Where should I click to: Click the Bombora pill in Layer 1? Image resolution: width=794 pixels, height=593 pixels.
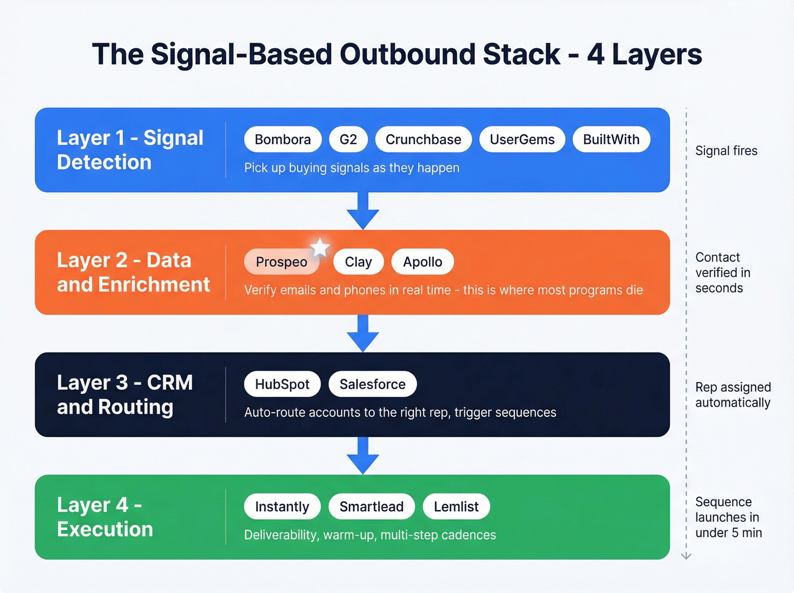(282, 140)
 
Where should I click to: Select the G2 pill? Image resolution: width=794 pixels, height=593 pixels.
(348, 140)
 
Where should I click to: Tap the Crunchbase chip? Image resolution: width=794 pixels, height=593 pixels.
(423, 140)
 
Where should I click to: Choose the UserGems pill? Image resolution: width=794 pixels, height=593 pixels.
(522, 140)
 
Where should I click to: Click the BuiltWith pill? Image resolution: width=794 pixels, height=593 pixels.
(611, 140)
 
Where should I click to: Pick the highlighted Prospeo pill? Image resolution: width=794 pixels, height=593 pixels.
(281, 262)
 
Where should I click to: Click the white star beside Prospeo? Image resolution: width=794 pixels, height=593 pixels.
(320, 247)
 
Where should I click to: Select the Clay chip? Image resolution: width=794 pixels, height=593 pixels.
(358, 262)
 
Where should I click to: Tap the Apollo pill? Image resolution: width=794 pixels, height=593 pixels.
(423, 262)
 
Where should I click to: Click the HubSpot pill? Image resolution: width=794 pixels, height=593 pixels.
(282, 384)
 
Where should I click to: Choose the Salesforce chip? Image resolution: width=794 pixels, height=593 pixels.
(372, 384)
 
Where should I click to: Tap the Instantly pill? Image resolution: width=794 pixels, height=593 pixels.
(282, 507)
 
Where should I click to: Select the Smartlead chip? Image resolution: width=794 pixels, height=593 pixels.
(371, 507)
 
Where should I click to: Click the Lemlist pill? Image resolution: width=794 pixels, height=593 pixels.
(456, 507)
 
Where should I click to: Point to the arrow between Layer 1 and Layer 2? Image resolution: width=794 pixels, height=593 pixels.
(363, 211)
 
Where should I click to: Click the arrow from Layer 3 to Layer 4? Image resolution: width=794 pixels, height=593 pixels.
(363, 456)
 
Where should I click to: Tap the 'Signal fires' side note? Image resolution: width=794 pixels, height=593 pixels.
(726, 151)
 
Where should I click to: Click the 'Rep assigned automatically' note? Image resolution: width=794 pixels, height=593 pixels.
(732, 395)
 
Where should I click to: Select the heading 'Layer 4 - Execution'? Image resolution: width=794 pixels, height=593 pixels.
(105, 517)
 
